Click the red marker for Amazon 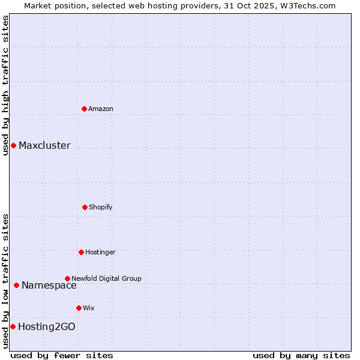click(84, 109)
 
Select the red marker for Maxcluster click(13, 145)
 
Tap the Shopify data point click(85, 207)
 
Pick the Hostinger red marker click(81, 252)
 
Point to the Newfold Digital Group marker click(67, 278)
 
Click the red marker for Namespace click(16, 285)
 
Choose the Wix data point click(79, 308)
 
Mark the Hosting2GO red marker click(13, 326)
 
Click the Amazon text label click(101, 109)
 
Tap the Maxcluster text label click(44, 145)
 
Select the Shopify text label click(101, 207)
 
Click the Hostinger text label click(100, 252)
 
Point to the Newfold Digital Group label click(107, 278)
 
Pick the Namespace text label click(49, 285)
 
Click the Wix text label click(89, 308)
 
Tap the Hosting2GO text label click(47, 326)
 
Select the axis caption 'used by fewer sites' click(62, 355)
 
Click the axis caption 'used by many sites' click(301, 355)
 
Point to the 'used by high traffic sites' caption click(5, 85)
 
